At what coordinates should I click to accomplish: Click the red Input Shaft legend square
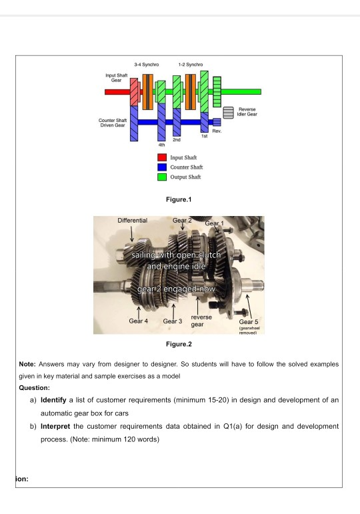click(162, 157)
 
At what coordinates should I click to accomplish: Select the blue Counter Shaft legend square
click(162, 167)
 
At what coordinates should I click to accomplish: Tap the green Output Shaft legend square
click(162, 177)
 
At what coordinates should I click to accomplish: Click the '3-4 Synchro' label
click(147, 65)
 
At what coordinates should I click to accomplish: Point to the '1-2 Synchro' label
click(191, 65)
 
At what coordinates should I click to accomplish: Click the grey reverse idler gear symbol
click(229, 113)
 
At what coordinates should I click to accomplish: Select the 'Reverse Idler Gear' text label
click(247, 112)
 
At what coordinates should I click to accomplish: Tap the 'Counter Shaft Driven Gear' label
click(113, 123)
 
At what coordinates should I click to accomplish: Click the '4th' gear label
click(161, 145)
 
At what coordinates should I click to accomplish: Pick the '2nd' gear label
click(177, 139)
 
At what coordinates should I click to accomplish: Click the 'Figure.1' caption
click(179, 199)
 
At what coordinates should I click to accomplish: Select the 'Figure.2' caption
click(179, 344)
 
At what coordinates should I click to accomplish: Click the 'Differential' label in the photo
click(133, 220)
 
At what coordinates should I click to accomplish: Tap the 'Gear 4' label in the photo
click(139, 321)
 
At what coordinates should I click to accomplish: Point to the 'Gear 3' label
click(173, 321)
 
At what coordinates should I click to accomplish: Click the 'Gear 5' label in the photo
click(249, 321)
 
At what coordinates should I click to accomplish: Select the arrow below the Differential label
click(131, 234)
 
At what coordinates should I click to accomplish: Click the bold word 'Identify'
click(53, 400)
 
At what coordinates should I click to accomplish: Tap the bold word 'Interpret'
click(55, 427)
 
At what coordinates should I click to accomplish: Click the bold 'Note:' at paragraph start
click(27, 364)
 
